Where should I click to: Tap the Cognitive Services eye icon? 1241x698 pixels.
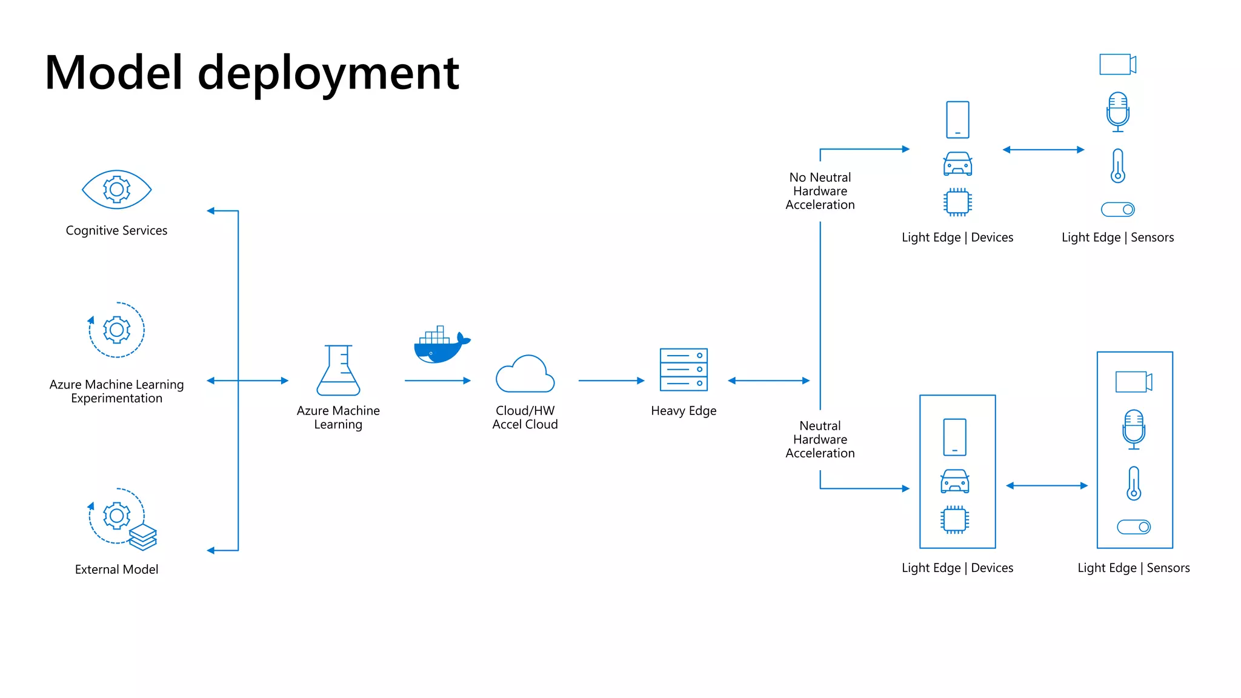click(x=116, y=190)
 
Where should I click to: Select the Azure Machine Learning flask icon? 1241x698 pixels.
click(x=338, y=371)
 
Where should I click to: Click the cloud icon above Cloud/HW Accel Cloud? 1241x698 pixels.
click(x=525, y=374)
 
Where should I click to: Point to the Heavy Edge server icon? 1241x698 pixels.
click(x=684, y=370)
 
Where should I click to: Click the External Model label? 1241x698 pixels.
click(x=116, y=570)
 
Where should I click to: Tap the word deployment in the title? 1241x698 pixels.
click(x=328, y=74)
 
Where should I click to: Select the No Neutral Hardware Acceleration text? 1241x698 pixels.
click(x=820, y=191)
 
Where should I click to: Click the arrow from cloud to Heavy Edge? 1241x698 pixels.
click(x=611, y=381)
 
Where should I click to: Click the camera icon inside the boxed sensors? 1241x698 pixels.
click(x=1133, y=382)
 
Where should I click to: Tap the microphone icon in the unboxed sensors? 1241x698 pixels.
click(x=1117, y=111)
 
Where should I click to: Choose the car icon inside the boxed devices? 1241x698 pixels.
click(x=954, y=481)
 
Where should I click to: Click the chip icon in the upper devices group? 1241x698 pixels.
click(x=957, y=202)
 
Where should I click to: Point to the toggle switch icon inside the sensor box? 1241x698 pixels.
click(x=1134, y=527)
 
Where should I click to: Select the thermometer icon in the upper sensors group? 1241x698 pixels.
click(x=1117, y=166)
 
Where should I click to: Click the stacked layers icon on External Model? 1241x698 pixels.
click(x=143, y=537)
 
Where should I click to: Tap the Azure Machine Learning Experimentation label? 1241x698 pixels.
click(x=116, y=391)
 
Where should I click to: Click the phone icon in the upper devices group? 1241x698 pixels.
click(x=957, y=119)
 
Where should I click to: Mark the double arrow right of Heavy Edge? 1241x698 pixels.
click(x=768, y=381)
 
